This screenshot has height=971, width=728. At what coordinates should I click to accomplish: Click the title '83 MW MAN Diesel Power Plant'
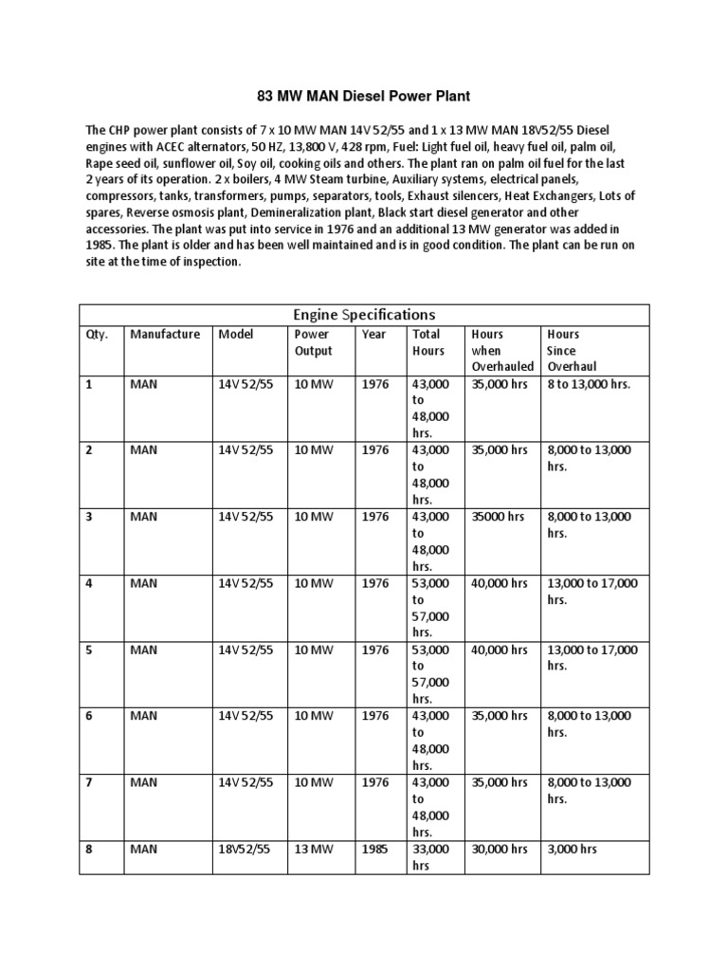[x=363, y=96]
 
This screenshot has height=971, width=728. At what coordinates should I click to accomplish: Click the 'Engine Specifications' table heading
[x=364, y=314]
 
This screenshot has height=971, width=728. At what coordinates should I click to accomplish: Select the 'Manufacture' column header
[x=165, y=334]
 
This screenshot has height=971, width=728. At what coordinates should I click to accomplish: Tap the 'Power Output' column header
[x=313, y=342]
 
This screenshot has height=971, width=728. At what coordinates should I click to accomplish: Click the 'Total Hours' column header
[x=428, y=342]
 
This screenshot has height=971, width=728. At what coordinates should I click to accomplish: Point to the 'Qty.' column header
[x=98, y=334]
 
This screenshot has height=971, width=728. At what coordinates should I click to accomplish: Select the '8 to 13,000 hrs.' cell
[x=589, y=384]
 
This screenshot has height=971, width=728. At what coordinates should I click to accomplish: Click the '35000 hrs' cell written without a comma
[x=497, y=517]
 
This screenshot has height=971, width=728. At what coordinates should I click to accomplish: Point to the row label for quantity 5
[x=89, y=650]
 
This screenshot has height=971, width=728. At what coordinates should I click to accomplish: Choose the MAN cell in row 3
[x=144, y=517]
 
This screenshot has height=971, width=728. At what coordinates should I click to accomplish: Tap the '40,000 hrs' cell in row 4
[x=500, y=583]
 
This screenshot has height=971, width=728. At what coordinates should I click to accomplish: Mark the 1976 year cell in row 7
[x=375, y=783]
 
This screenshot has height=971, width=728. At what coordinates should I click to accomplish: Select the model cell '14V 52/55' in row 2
[x=246, y=450]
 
